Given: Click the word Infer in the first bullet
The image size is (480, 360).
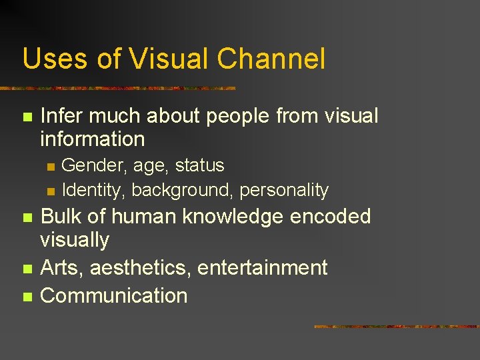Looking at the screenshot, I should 62,116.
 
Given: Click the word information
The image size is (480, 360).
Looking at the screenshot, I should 92,139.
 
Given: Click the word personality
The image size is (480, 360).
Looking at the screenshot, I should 284,191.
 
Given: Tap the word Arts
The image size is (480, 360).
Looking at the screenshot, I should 62,268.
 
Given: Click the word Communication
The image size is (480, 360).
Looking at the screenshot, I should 114,295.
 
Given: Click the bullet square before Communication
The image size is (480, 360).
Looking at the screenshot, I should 27,297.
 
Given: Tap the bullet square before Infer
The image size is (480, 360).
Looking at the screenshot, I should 27,117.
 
